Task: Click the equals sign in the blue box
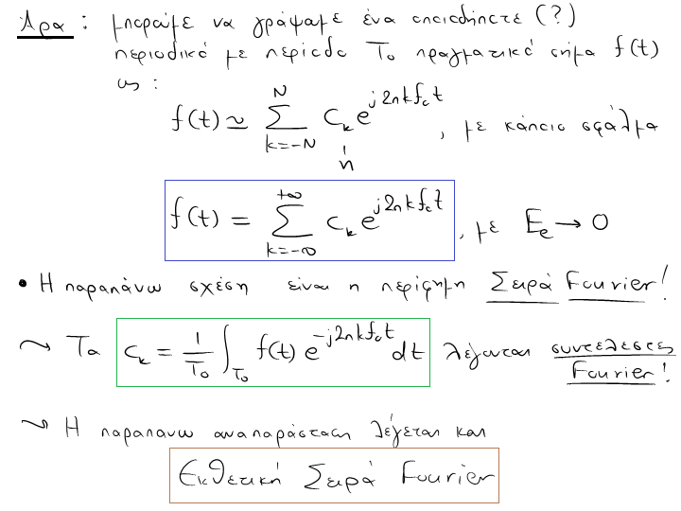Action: coord(241,220)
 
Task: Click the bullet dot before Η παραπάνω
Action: coord(22,283)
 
